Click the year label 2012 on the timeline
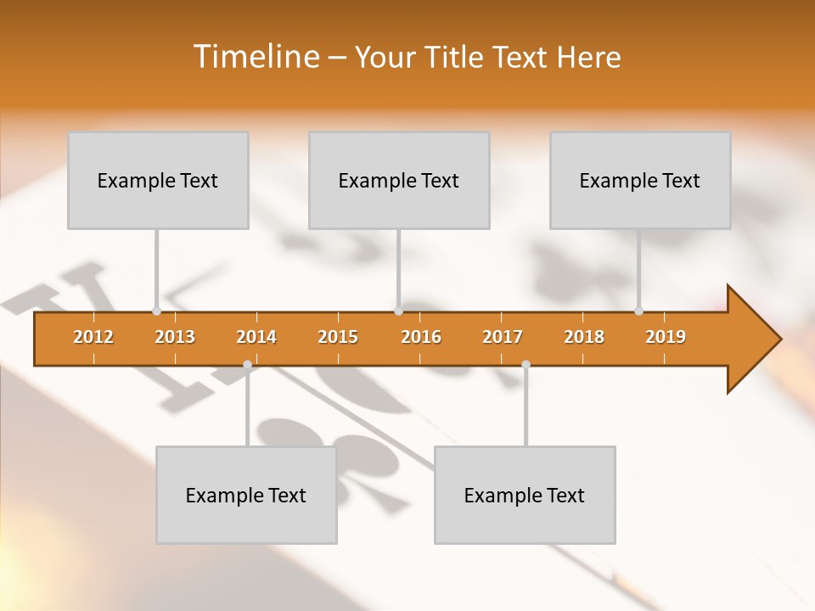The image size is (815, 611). (93, 337)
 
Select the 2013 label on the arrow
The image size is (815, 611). (175, 337)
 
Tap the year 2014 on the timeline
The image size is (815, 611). (256, 337)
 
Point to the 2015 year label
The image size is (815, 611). (338, 337)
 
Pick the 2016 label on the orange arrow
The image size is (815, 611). (421, 337)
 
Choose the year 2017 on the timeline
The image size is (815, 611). (503, 337)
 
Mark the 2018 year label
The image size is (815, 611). (584, 337)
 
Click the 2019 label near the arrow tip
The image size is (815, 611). (666, 337)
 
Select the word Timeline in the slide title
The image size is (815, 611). (255, 57)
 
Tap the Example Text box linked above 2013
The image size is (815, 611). (158, 181)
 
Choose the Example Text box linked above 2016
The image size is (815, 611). (399, 181)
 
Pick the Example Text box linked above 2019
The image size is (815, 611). (640, 181)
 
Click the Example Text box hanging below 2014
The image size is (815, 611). (246, 496)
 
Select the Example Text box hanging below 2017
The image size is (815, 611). (525, 496)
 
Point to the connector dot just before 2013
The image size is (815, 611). (156, 311)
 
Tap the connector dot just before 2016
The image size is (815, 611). (398, 311)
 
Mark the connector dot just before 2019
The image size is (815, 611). (638, 311)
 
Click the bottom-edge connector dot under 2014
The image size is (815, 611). (247, 364)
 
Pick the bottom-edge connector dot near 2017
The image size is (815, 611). (526, 364)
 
